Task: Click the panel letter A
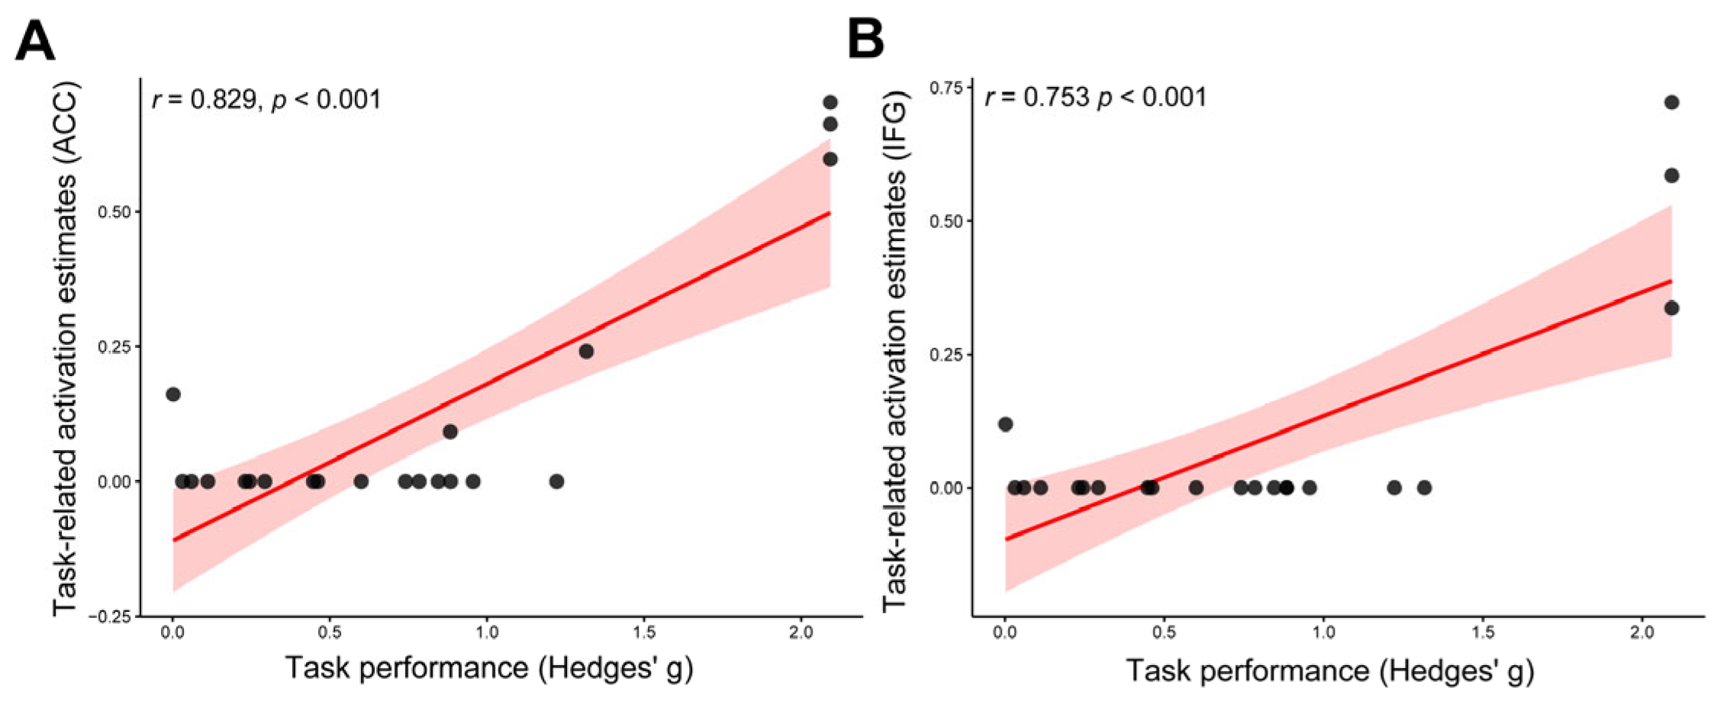click(x=35, y=41)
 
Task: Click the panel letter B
click(x=866, y=40)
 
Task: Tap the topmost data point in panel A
click(x=830, y=102)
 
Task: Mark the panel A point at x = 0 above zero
click(x=173, y=394)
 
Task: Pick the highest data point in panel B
click(x=1671, y=102)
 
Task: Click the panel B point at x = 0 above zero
click(x=1006, y=424)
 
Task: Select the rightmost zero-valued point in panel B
click(x=1424, y=487)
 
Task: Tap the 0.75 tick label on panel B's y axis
click(x=945, y=88)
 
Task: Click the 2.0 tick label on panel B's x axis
click(x=1641, y=633)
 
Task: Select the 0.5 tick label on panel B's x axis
click(x=1164, y=633)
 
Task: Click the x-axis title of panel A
click(x=489, y=668)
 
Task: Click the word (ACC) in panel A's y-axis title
click(x=66, y=122)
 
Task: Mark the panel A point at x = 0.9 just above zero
click(x=450, y=432)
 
